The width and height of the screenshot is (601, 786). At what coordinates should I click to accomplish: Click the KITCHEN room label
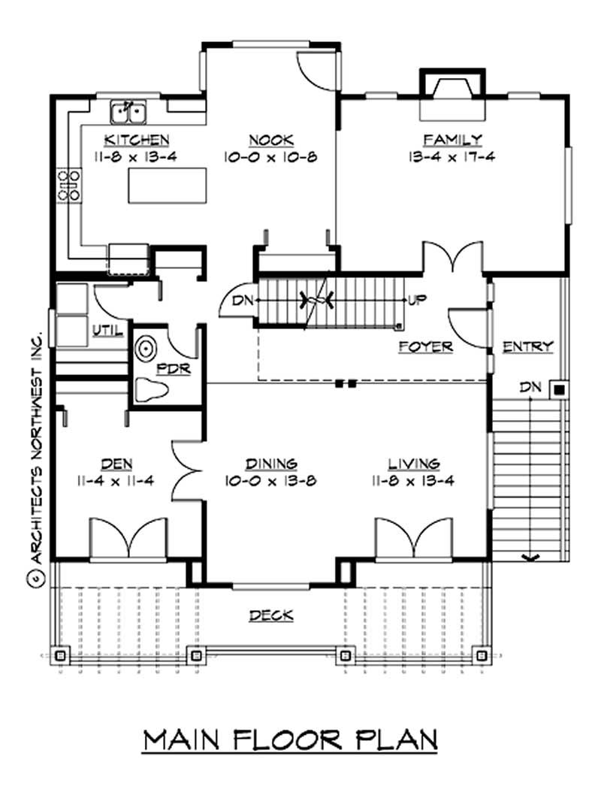coord(136,140)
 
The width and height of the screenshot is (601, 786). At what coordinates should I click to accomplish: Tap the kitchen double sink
coord(128,112)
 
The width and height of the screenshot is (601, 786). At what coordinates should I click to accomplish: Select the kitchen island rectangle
coord(167,186)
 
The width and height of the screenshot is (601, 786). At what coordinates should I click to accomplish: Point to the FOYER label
coord(425,346)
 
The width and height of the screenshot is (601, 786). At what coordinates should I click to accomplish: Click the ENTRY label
coord(527,346)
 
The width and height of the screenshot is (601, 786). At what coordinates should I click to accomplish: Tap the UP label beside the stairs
coord(417,300)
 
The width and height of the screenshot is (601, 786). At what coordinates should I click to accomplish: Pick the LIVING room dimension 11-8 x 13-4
coord(414,480)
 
